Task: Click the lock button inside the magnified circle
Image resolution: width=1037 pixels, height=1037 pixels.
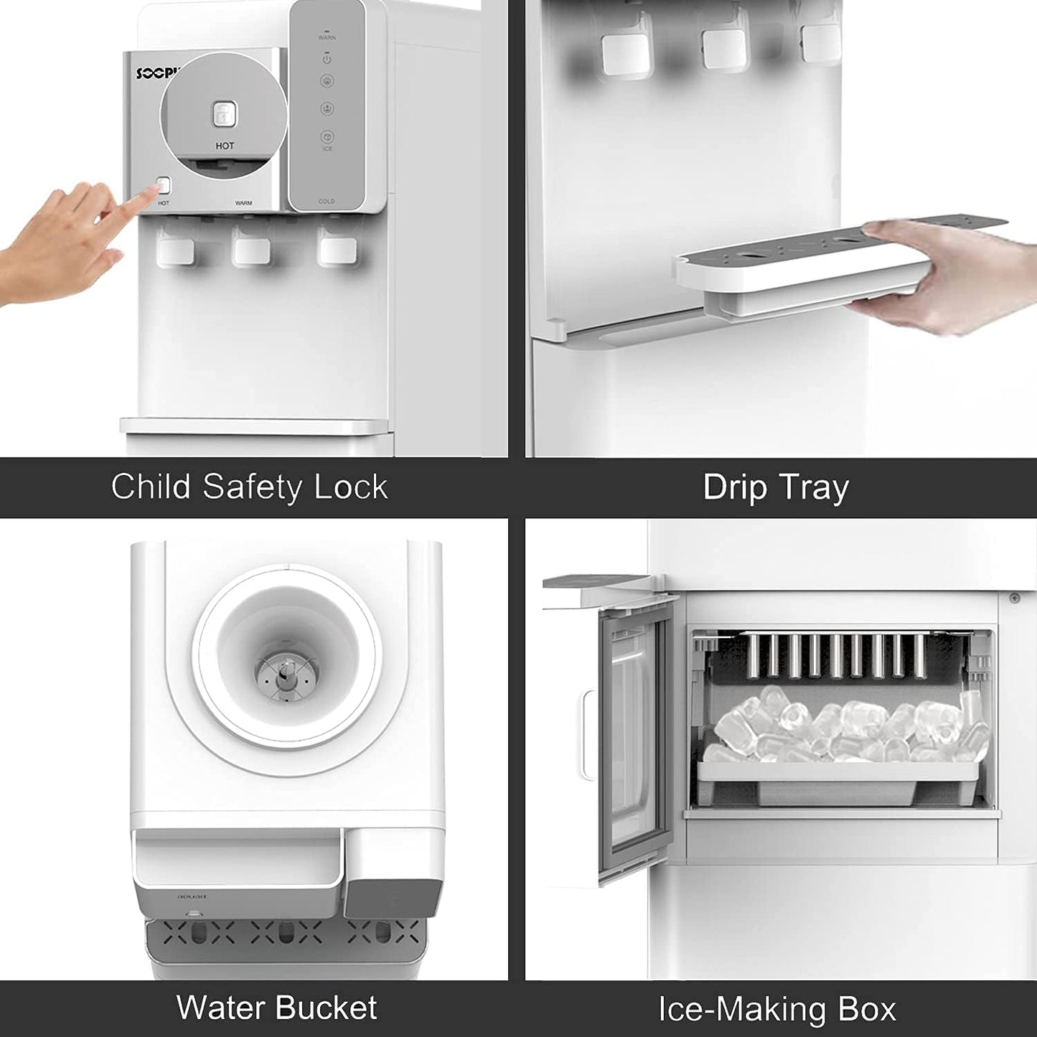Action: tap(223, 113)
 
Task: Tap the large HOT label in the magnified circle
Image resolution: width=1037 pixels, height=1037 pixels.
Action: tap(225, 146)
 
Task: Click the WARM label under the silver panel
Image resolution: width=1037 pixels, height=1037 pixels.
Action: tap(243, 203)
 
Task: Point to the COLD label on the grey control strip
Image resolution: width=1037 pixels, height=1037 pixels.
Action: tap(326, 202)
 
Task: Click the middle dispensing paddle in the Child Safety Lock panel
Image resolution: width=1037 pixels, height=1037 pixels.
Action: tap(251, 250)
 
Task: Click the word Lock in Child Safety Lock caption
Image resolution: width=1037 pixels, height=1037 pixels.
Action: tap(351, 487)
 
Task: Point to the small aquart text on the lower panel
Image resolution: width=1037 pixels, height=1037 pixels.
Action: tap(192, 896)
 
